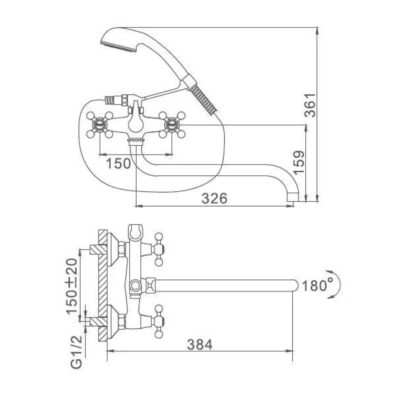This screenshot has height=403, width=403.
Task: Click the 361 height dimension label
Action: coord(309,105)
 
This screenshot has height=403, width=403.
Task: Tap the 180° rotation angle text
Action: coord(315,286)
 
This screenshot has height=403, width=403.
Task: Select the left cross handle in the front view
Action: coord(100,125)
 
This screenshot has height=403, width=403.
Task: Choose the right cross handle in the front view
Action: coord(172,125)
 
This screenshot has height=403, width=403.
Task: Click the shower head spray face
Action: coord(118,48)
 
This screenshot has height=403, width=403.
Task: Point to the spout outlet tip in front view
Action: coord(293,197)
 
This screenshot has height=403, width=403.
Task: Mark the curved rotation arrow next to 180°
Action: coord(335,285)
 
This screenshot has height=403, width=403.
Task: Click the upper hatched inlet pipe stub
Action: coord(98,249)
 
